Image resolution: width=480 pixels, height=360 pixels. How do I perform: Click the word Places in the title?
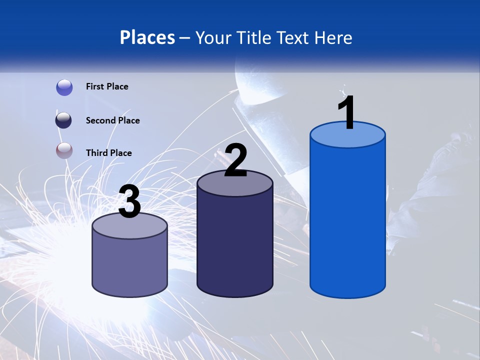pos(147,37)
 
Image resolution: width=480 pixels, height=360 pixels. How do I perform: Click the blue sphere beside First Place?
pos(64,87)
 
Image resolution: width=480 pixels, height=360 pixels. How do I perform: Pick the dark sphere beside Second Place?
pos(64,120)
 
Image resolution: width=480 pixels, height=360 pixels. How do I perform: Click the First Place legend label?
pos(107,86)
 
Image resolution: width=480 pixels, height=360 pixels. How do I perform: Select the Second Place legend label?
pos(112,120)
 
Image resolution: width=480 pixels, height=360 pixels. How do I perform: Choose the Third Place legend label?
pos(108,153)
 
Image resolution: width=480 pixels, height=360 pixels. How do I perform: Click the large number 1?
pos(346,113)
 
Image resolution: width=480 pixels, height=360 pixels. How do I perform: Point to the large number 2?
pos(235,161)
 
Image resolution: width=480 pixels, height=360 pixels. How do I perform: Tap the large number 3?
pos(130,202)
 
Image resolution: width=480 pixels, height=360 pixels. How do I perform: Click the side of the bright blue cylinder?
pos(347,220)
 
